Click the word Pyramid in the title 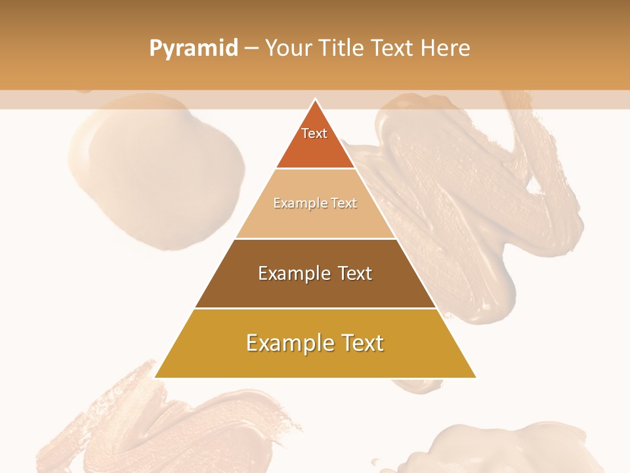pyautogui.click(x=193, y=49)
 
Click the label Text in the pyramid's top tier pyautogui.click(x=314, y=133)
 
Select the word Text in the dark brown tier pyautogui.click(x=354, y=273)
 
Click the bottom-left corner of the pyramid pyautogui.click(x=156, y=376)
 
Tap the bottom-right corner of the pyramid pyautogui.click(x=474, y=376)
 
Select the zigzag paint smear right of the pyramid pyautogui.click(x=479, y=210)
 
